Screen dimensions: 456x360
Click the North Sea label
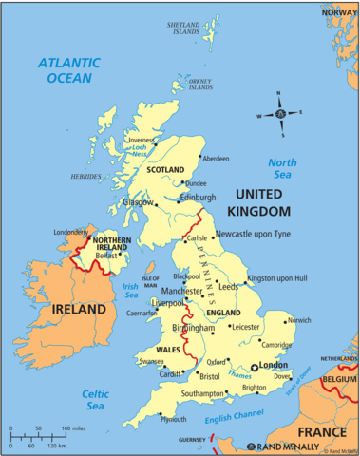[282, 168]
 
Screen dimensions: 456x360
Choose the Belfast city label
[105, 256]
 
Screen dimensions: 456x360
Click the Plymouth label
[147, 418]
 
